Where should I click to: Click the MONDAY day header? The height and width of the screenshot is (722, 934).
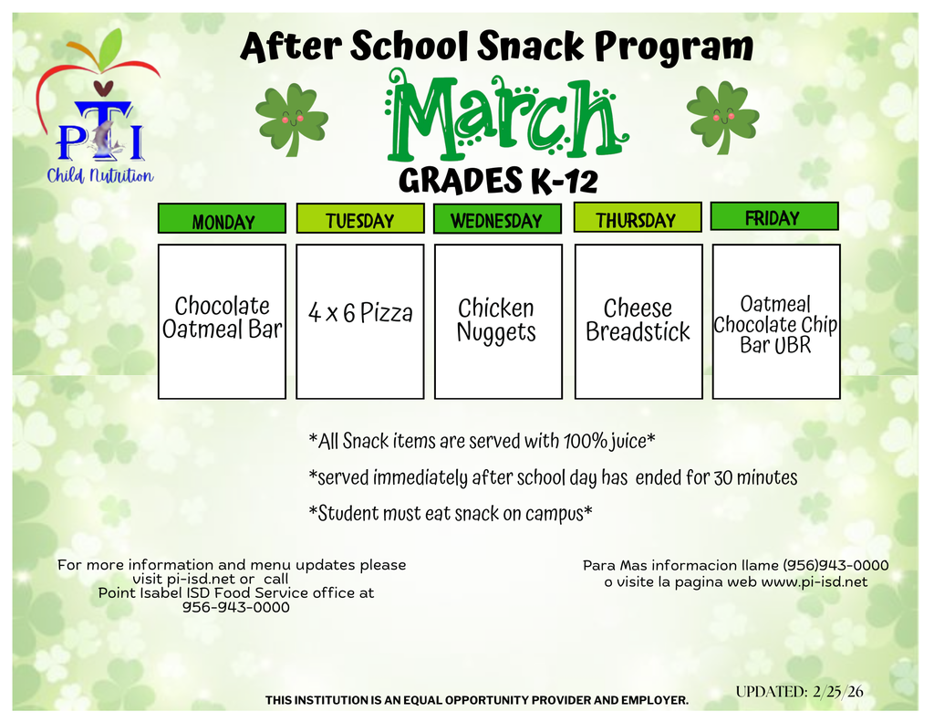(223, 218)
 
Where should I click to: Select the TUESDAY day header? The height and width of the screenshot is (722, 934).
(360, 218)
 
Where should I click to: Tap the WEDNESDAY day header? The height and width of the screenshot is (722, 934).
(497, 218)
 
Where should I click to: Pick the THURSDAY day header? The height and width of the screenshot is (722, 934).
(638, 217)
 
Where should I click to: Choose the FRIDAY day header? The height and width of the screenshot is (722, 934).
(774, 216)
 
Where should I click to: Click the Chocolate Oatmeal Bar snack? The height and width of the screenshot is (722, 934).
(223, 317)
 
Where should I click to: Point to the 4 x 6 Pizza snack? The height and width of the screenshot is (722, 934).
(360, 312)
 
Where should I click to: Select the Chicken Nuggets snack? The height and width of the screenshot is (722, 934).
(497, 320)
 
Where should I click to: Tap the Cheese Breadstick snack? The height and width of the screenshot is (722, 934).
(638, 319)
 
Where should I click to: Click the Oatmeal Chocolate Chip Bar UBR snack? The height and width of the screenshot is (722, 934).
(775, 324)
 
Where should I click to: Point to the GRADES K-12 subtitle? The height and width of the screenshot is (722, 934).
(498, 181)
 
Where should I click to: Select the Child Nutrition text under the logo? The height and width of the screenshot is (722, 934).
(100, 176)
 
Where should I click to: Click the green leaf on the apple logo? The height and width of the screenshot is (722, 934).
(110, 49)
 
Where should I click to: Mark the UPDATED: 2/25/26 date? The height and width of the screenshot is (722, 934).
(799, 692)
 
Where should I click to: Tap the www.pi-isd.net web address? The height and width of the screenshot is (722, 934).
(815, 582)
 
